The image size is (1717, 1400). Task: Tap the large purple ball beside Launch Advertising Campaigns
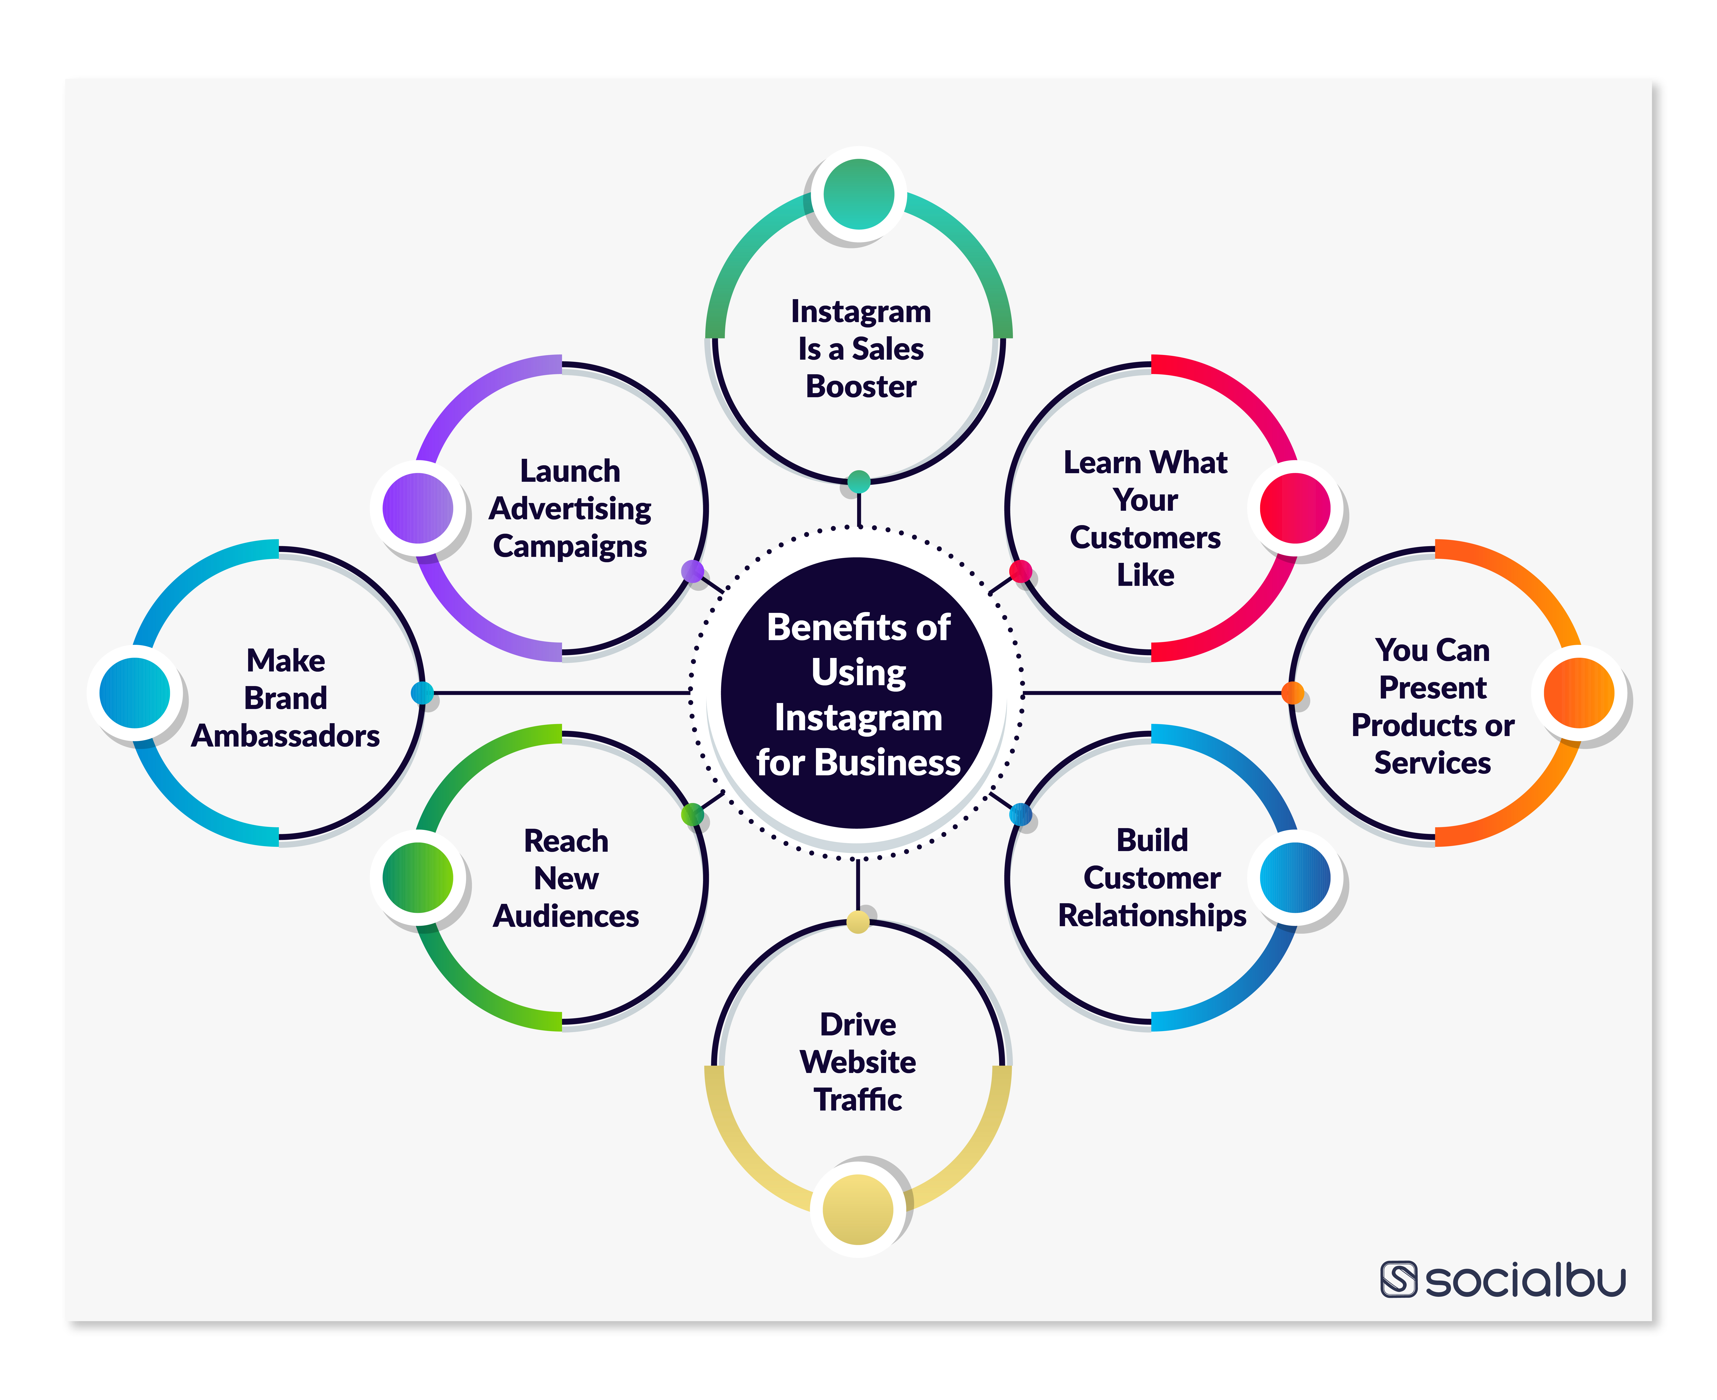(417, 508)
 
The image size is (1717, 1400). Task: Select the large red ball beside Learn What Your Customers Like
(1294, 508)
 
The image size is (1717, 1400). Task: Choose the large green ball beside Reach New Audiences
(417, 877)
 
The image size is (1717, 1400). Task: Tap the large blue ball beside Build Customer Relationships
(1294, 877)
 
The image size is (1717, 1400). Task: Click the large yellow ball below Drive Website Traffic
(858, 1209)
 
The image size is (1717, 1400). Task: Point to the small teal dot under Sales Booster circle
(859, 482)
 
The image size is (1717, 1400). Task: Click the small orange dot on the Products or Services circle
(1292, 692)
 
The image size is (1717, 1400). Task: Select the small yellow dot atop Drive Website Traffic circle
(858, 921)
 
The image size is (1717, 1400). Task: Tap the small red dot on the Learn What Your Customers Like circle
(1020, 571)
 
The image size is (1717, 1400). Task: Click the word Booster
(861, 386)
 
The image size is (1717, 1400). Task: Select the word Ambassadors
(285, 735)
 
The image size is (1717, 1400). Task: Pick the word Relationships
(1152, 915)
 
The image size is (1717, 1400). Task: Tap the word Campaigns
(569, 546)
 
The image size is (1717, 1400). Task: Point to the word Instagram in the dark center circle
(858, 717)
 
